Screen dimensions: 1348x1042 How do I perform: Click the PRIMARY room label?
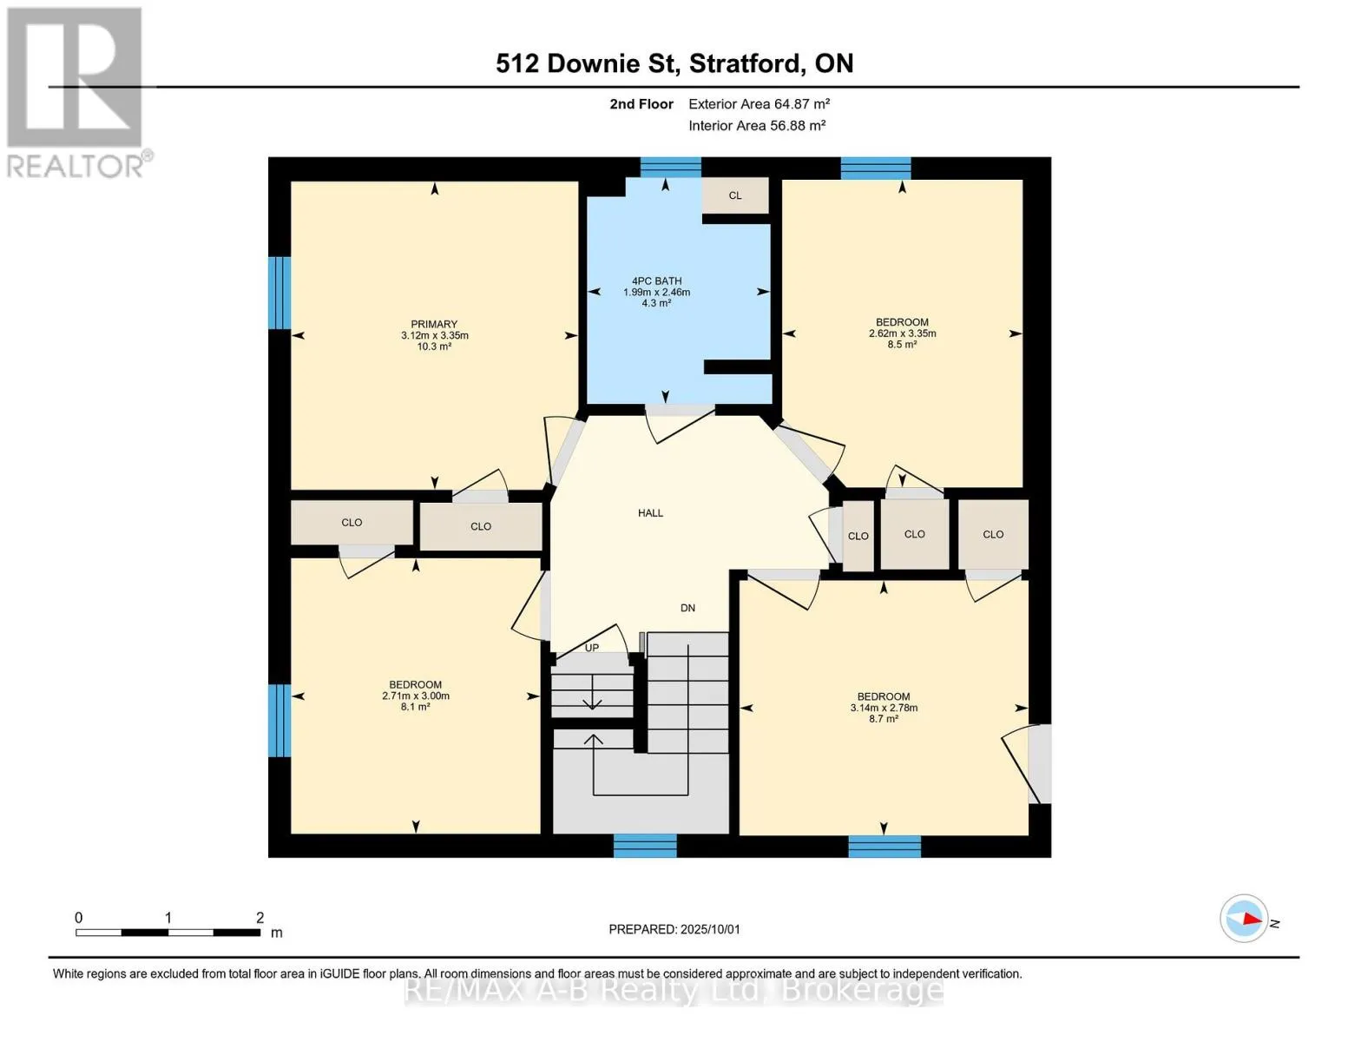click(x=434, y=324)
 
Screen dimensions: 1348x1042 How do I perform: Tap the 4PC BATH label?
click(x=656, y=281)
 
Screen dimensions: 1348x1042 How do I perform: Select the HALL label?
click(x=650, y=512)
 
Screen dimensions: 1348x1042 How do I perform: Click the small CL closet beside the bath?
click(x=735, y=195)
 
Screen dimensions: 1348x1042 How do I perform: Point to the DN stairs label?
click(x=687, y=608)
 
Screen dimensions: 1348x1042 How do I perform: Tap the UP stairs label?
click(x=592, y=647)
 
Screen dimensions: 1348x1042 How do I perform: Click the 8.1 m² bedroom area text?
click(x=415, y=706)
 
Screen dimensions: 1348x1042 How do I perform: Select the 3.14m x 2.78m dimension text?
click(x=884, y=708)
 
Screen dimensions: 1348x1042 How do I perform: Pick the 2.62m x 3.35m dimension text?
click(x=902, y=333)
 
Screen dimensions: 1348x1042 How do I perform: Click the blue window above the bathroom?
click(x=671, y=167)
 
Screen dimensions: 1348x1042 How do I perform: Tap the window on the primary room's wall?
click(x=279, y=293)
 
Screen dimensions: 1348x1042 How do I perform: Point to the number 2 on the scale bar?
click(x=260, y=917)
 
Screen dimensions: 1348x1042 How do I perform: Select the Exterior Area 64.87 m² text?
click(x=759, y=103)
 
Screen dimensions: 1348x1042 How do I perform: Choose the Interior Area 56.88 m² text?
click(x=757, y=125)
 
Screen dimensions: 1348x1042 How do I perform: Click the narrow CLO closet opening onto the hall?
click(x=858, y=536)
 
